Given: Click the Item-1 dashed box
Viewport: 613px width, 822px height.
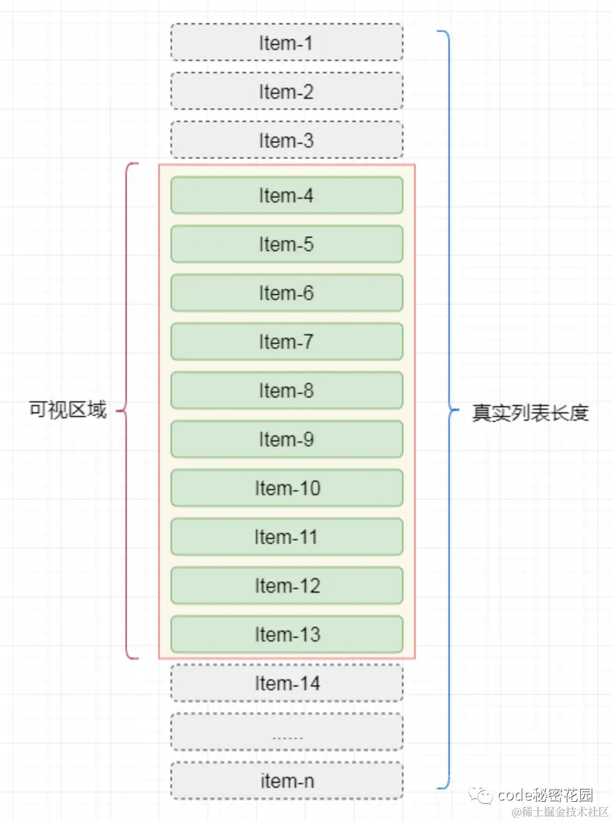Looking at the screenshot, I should (x=286, y=43).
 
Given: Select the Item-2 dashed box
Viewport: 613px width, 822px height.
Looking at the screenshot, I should (x=286, y=91).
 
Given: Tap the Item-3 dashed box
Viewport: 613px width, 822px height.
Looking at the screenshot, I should (x=286, y=140).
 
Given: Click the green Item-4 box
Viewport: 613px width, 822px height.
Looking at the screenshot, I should (x=286, y=195).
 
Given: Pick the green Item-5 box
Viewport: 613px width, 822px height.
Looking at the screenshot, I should (x=286, y=244).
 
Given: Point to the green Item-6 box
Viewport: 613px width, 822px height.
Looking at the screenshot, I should (x=286, y=293).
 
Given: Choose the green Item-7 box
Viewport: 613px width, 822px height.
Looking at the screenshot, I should (x=286, y=341).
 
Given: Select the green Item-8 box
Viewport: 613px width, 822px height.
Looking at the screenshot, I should (x=286, y=390).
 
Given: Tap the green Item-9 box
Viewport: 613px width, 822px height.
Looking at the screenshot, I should (x=286, y=439).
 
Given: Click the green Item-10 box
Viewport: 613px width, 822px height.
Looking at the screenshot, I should (x=286, y=488).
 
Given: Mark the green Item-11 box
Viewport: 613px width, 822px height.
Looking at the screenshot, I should (x=286, y=537).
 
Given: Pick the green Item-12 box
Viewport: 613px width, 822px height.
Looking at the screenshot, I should (x=286, y=585).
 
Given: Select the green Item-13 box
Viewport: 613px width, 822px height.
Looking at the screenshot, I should (x=286, y=634).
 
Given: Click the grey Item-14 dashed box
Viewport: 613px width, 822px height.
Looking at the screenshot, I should (x=286, y=683).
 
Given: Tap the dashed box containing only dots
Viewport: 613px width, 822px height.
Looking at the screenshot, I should (x=286, y=732).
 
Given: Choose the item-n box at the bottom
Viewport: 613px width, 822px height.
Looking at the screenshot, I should (x=286, y=781).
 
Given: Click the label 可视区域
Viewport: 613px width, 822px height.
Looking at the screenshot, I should (x=68, y=410).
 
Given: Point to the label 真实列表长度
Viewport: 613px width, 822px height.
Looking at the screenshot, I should (x=530, y=413).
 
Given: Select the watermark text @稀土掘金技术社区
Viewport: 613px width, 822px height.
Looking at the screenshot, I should (x=560, y=812).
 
